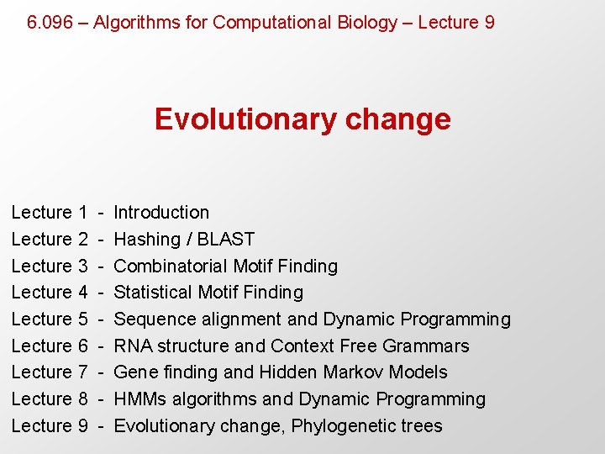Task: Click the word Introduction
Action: [161, 213]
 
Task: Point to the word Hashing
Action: [147, 240]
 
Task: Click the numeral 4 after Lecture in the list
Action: [82, 293]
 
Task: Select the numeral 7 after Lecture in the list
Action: [82, 372]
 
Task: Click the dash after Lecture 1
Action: [100, 213]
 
